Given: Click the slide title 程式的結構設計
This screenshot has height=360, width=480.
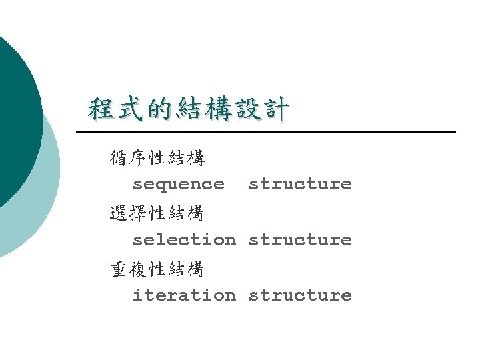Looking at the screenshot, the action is click(x=189, y=109).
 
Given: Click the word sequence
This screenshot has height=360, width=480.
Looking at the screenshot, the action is click(x=179, y=183).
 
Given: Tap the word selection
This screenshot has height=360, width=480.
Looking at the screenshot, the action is click(x=184, y=239).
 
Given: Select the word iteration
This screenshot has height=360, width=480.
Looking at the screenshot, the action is click(x=184, y=295).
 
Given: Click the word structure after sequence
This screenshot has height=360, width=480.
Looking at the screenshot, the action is click(x=300, y=183).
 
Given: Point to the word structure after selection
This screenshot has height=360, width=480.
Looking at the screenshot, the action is click(x=300, y=239).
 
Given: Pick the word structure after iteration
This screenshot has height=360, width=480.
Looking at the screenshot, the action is click(x=300, y=295).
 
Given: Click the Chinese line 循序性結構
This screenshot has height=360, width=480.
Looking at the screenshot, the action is click(x=158, y=159).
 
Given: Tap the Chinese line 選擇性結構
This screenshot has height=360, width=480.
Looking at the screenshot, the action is click(x=158, y=214).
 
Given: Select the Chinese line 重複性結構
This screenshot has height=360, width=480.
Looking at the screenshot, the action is click(x=158, y=269).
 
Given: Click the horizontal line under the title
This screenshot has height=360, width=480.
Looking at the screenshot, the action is click(x=267, y=132).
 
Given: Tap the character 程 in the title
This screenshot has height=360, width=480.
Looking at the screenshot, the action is click(x=101, y=109).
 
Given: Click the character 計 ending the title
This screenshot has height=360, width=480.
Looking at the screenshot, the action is click(x=275, y=109).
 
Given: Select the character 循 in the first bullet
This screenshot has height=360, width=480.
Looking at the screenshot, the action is click(x=120, y=159).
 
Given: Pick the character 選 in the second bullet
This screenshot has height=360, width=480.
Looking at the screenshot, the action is click(x=120, y=214).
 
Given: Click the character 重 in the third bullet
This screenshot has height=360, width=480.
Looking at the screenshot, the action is click(x=120, y=269).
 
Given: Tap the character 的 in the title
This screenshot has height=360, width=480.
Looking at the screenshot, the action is click(x=159, y=109).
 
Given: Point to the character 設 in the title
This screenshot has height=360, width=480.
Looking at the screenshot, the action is click(x=247, y=109).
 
